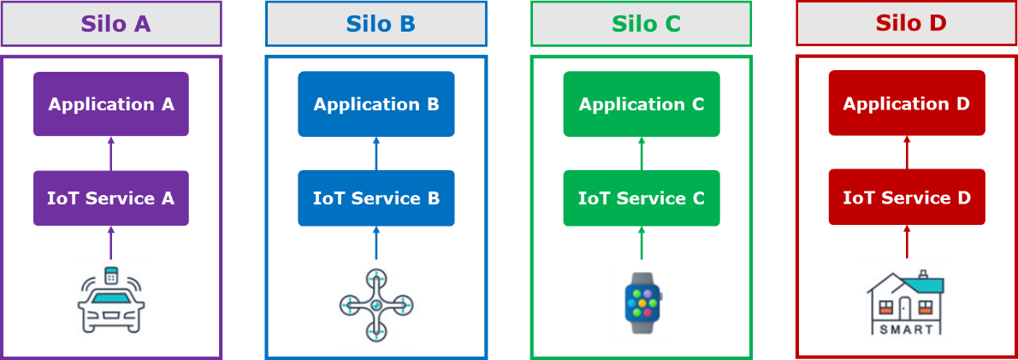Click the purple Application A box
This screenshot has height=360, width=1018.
click(111, 104)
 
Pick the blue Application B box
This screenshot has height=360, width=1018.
click(376, 104)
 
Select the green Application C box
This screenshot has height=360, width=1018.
click(642, 104)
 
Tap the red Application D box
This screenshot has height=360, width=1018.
click(907, 103)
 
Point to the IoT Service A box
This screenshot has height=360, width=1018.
click(111, 198)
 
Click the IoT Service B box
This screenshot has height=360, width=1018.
click(376, 198)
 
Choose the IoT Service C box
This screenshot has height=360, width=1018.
click(642, 198)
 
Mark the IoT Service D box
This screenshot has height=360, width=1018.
click(907, 198)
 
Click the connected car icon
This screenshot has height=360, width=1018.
click(111, 298)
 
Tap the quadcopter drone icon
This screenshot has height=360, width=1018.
click(376, 304)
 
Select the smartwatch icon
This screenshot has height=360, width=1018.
click(642, 300)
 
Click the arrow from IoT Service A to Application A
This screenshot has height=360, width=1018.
click(110, 153)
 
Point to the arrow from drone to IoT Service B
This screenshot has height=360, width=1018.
click(376, 244)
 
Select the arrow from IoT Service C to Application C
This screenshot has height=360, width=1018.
click(642, 153)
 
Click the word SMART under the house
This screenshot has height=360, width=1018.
click(906, 329)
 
